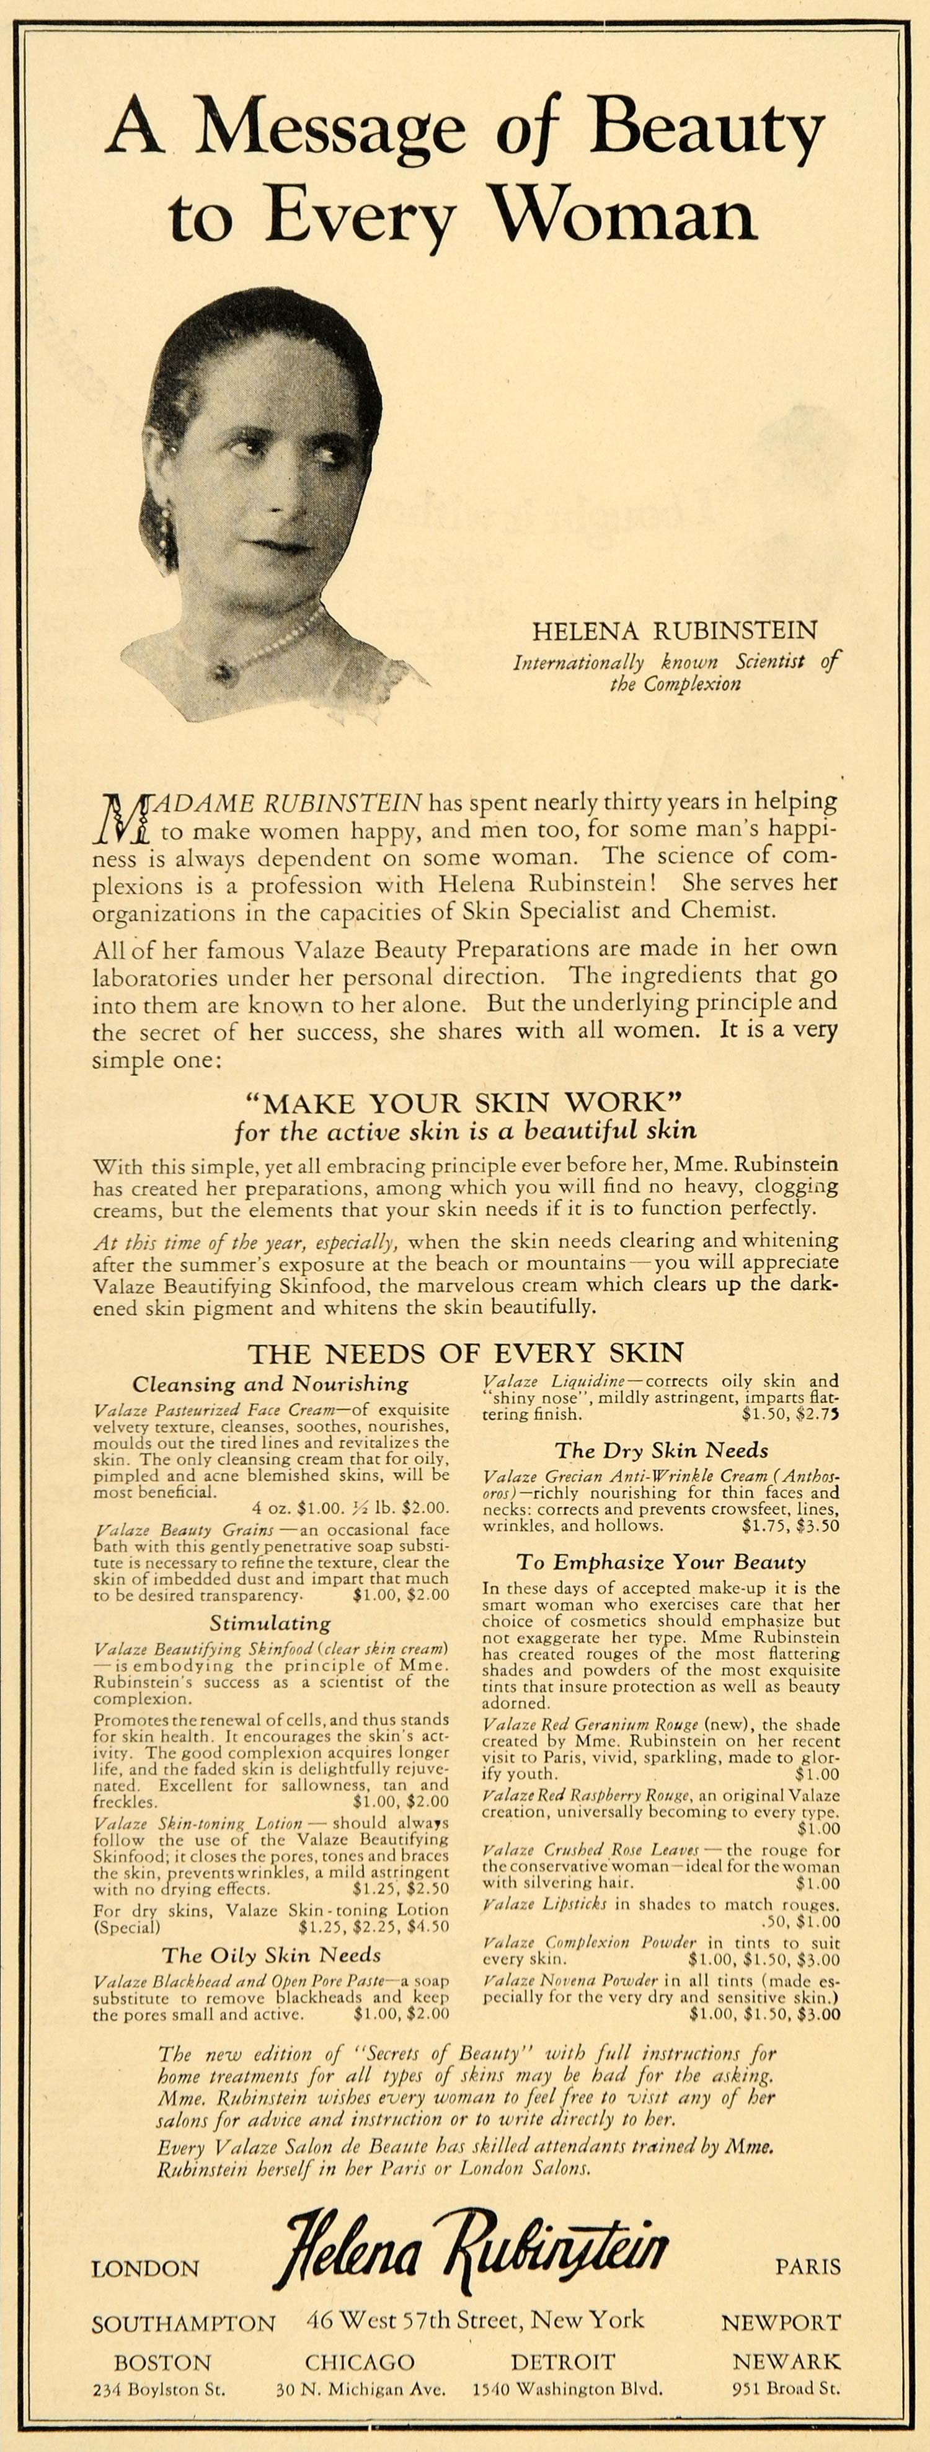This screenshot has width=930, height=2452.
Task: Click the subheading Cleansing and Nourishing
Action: (x=270, y=1384)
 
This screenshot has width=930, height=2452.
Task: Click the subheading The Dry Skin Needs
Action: (x=662, y=1450)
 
